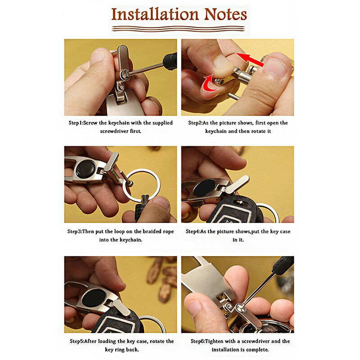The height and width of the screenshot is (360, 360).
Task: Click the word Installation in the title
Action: (155, 14)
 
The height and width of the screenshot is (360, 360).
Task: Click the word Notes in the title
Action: (225, 14)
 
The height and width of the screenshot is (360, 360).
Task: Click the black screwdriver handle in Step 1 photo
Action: (170, 61)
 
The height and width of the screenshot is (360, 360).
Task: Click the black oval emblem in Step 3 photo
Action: (85, 169)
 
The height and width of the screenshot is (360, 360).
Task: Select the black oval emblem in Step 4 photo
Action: (204, 188)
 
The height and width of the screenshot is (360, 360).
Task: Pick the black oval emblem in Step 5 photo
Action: (94, 298)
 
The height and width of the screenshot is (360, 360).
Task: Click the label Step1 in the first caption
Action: (75, 123)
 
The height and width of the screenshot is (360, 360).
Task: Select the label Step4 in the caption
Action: (193, 232)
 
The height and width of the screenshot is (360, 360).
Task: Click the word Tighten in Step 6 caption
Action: (214, 342)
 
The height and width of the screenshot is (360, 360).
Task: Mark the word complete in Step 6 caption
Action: (257, 350)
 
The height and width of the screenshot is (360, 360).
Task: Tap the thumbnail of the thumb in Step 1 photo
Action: (97, 57)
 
